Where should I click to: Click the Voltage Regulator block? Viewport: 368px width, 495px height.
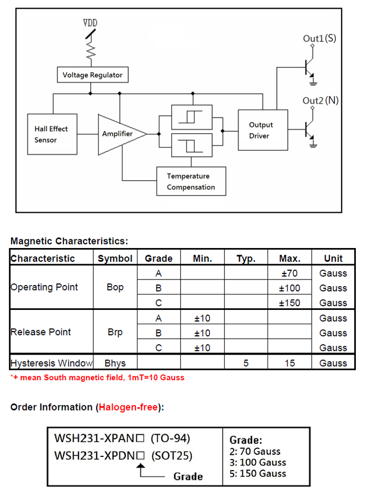[x=92, y=75]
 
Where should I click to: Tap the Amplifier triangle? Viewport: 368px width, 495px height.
[x=119, y=134]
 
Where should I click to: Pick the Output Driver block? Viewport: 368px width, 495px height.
[x=262, y=130]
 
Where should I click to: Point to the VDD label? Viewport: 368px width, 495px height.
[x=91, y=23]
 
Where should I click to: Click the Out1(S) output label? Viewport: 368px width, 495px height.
[x=319, y=38]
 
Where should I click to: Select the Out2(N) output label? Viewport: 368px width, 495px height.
[x=320, y=101]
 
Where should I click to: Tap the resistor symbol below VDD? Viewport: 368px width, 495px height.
[x=91, y=52]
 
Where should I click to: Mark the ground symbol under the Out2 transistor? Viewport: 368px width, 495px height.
[x=314, y=145]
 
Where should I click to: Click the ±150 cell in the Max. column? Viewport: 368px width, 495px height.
[x=289, y=303]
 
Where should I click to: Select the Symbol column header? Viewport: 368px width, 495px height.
[x=115, y=258]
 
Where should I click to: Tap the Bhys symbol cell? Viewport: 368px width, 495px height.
[x=115, y=363]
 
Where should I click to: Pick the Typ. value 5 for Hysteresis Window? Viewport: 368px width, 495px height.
[x=245, y=363]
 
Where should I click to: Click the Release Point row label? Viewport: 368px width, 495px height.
[x=41, y=332]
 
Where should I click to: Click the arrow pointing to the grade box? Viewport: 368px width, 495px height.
[x=141, y=470]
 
